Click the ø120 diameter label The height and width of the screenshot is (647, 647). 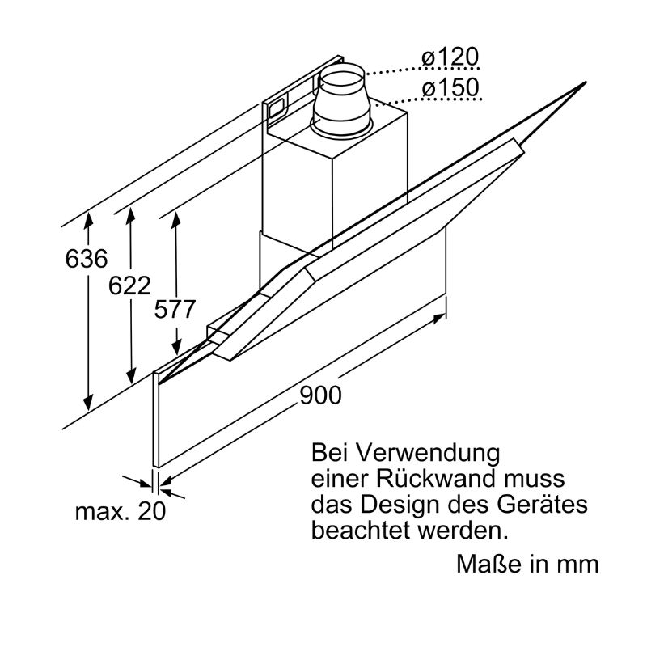(450, 57)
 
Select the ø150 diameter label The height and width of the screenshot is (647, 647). (450, 87)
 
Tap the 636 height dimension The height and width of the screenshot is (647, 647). (87, 260)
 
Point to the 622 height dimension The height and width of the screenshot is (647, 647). (130, 285)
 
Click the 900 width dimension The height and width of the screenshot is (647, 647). (321, 395)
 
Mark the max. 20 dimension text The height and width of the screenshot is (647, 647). (120, 511)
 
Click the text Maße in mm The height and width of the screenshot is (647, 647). (527, 563)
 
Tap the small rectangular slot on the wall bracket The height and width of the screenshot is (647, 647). (276, 105)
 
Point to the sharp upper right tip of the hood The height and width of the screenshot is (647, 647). (582, 83)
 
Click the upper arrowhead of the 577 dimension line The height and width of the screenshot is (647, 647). (175, 218)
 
